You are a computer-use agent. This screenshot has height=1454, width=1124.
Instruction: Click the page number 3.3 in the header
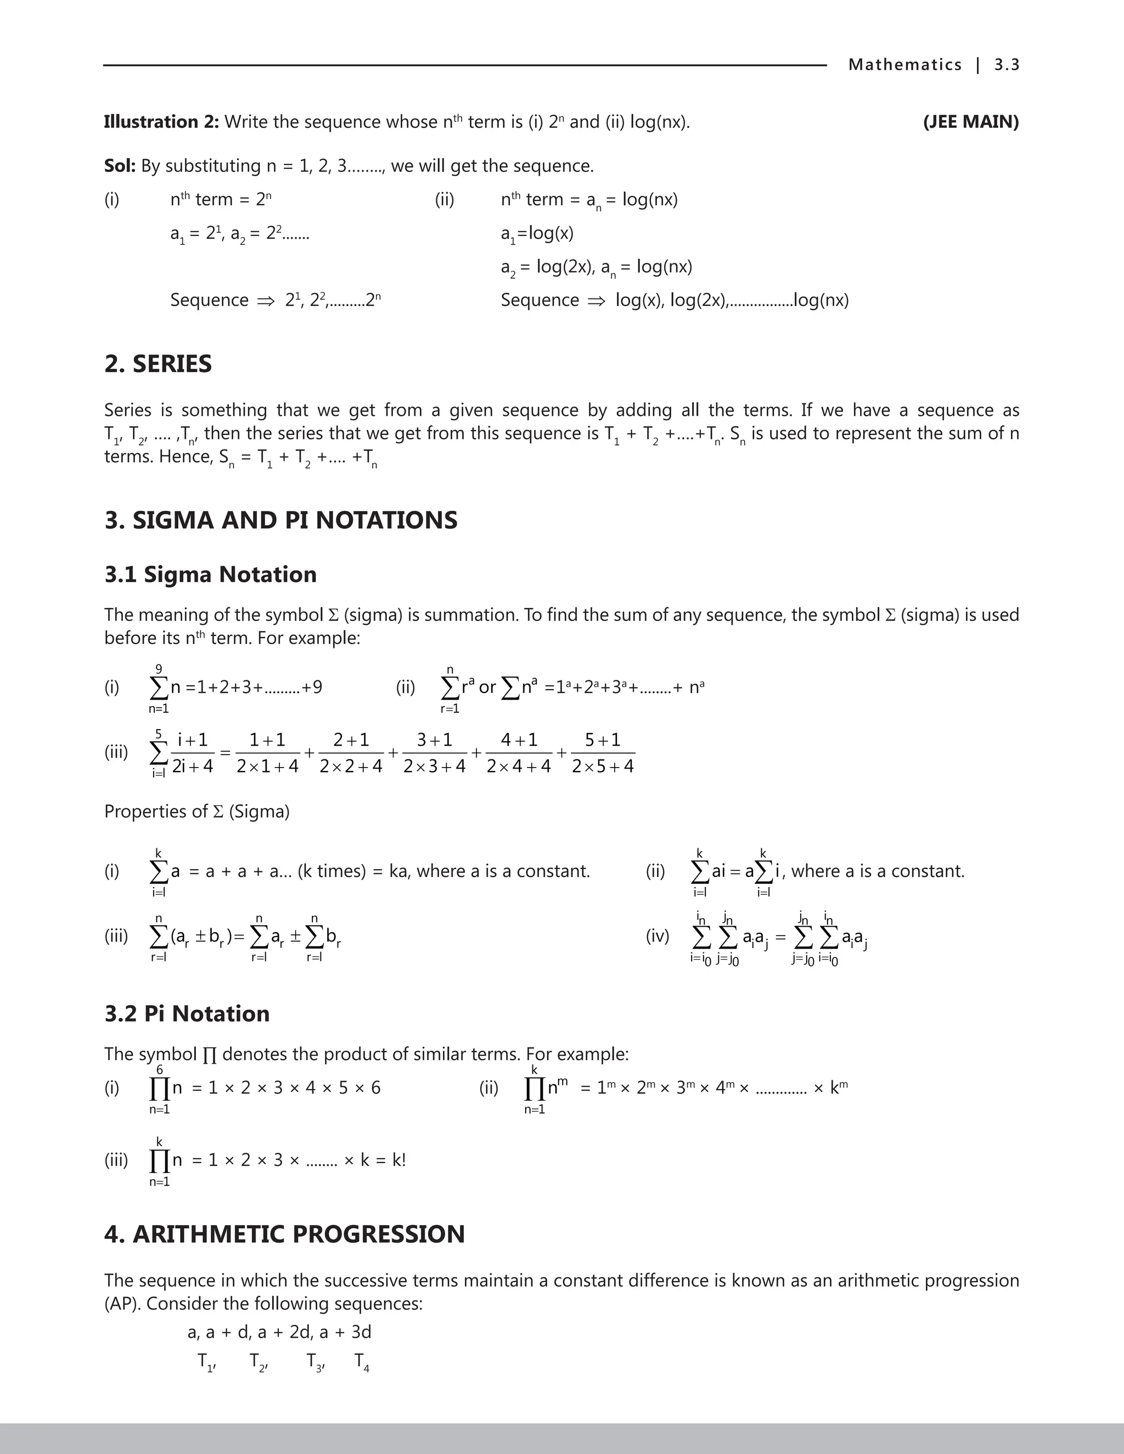(x=1006, y=65)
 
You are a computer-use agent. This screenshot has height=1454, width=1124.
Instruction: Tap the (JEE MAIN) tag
(x=970, y=122)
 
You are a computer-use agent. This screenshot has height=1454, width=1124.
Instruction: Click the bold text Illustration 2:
(x=161, y=122)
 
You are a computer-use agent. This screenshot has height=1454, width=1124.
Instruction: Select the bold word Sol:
(x=120, y=166)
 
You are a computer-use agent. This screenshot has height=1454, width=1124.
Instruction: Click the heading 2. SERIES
(x=158, y=364)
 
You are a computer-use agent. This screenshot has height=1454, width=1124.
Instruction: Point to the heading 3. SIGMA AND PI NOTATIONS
(x=280, y=520)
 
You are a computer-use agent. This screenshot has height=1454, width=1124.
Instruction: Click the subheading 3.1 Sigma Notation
(x=210, y=574)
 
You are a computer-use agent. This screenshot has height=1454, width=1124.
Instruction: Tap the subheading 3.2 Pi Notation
(x=187, y=1013)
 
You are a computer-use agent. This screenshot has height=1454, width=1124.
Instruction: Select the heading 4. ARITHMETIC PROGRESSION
(x=284, y=1233)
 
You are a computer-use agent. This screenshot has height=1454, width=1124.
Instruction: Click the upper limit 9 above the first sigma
(x=159, y=668)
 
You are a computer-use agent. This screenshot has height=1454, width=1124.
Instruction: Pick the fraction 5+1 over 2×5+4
(x=603, y=753)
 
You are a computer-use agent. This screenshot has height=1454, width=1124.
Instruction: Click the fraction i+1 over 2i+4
(x=193, y=753)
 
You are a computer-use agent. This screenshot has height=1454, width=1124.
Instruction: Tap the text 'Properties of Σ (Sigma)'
(x=197, y=811)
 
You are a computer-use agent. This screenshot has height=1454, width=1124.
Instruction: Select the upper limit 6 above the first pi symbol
(x=160, y=1069)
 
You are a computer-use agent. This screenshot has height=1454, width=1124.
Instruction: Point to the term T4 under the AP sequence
(x=362, y=1362)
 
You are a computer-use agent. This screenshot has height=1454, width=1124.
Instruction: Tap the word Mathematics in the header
(x=904, y=65)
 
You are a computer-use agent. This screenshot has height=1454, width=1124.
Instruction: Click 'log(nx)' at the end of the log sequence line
(x=821, y=300)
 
